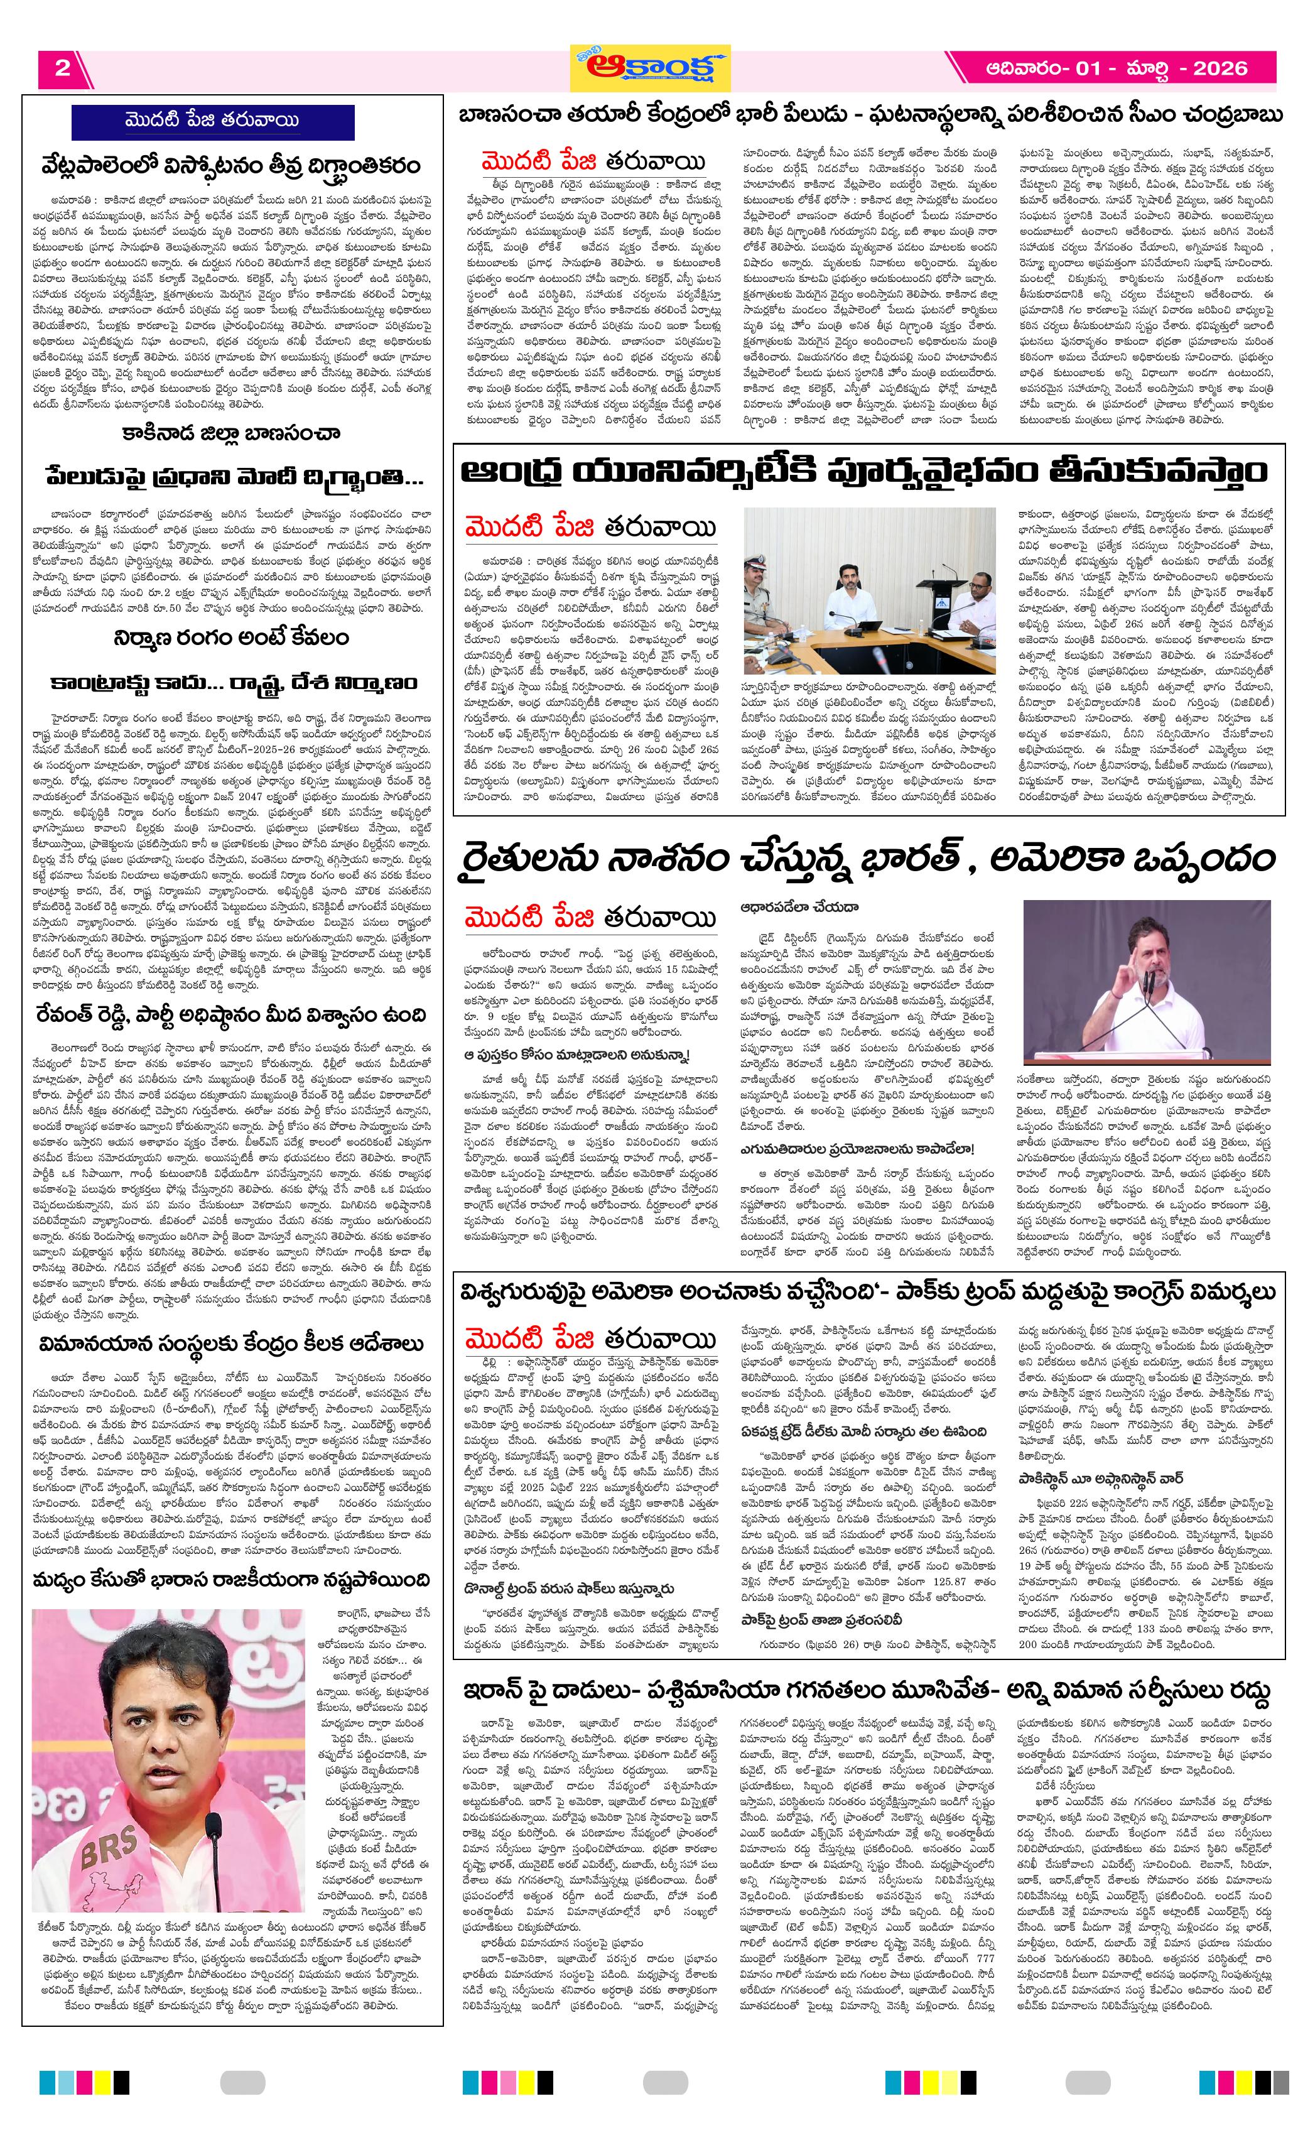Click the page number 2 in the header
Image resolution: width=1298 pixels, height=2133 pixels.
pos(62,68)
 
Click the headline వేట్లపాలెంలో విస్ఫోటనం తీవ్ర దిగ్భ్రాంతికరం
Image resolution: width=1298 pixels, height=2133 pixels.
pos(232,165)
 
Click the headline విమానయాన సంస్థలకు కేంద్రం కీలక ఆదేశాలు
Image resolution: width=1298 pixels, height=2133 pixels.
pos(232,1343)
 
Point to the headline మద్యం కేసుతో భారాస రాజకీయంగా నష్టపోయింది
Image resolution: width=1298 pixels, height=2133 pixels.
pos(232,1581)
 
